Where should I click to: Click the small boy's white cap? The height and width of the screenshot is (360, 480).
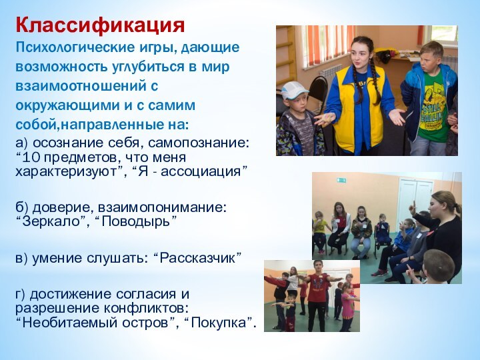pyautogui.click(x=294, y=90)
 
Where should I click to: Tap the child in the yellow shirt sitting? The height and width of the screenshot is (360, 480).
pyautogui.click(x=321, y=227)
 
